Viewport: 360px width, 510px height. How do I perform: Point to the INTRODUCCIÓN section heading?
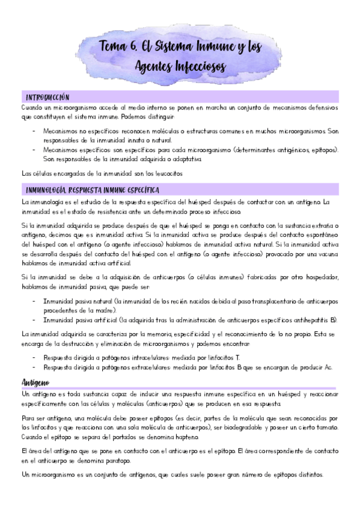[48, 97]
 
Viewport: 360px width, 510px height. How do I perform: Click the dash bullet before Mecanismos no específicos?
[32, 130]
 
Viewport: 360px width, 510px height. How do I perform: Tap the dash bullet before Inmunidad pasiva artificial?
[32, 319]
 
